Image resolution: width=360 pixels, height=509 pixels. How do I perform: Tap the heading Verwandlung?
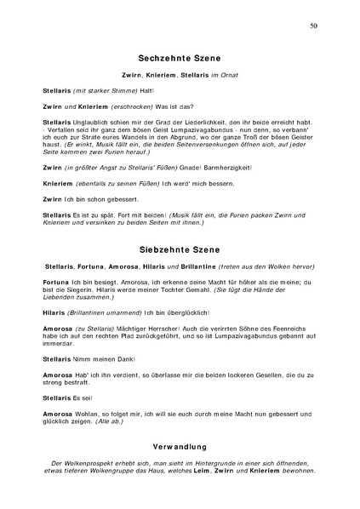[x=179, y=444]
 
